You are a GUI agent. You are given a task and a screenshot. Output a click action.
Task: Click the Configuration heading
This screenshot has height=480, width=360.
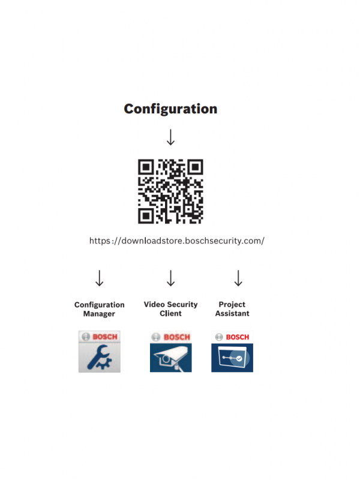(170, 109)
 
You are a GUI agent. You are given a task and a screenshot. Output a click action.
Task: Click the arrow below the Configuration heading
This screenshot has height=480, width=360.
(170, 137)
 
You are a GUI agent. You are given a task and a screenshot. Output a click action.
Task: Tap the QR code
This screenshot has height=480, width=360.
(170, 191)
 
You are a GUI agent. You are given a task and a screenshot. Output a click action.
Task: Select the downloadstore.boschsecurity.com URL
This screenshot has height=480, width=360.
(177, 241)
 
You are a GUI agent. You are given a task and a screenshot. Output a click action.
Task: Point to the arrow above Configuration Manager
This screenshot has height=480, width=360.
(99, 278)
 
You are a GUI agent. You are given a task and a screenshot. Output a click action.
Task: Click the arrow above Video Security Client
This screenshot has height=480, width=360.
(171, 278)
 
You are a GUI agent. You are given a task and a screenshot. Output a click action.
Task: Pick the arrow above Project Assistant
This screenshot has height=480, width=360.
(238, 278)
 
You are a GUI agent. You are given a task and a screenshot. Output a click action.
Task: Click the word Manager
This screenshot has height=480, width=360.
(99, 314)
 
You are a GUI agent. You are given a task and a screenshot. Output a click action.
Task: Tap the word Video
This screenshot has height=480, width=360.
(154, 304)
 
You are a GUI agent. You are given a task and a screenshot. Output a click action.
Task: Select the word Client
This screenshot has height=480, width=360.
(170, 313)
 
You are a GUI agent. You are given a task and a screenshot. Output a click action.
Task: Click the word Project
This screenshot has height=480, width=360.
(232, 305)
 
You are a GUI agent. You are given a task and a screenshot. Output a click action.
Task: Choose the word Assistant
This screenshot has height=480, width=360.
(232, 313)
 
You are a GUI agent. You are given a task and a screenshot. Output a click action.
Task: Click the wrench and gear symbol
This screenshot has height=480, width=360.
(99, 357)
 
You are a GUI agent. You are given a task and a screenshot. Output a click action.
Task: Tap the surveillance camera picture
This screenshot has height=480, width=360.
(170, 358)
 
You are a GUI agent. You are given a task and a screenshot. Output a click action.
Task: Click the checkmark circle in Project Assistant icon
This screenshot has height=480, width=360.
(239, 358)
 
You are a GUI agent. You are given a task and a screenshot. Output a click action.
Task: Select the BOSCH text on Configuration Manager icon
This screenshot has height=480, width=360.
(105, 337)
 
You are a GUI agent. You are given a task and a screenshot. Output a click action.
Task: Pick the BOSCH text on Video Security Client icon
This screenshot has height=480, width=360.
(176, 337)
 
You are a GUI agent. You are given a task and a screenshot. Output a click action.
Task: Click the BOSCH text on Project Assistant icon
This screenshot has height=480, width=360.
(238, 337)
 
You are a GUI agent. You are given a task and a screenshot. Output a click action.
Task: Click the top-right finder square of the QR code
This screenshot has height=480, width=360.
(196, 167)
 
